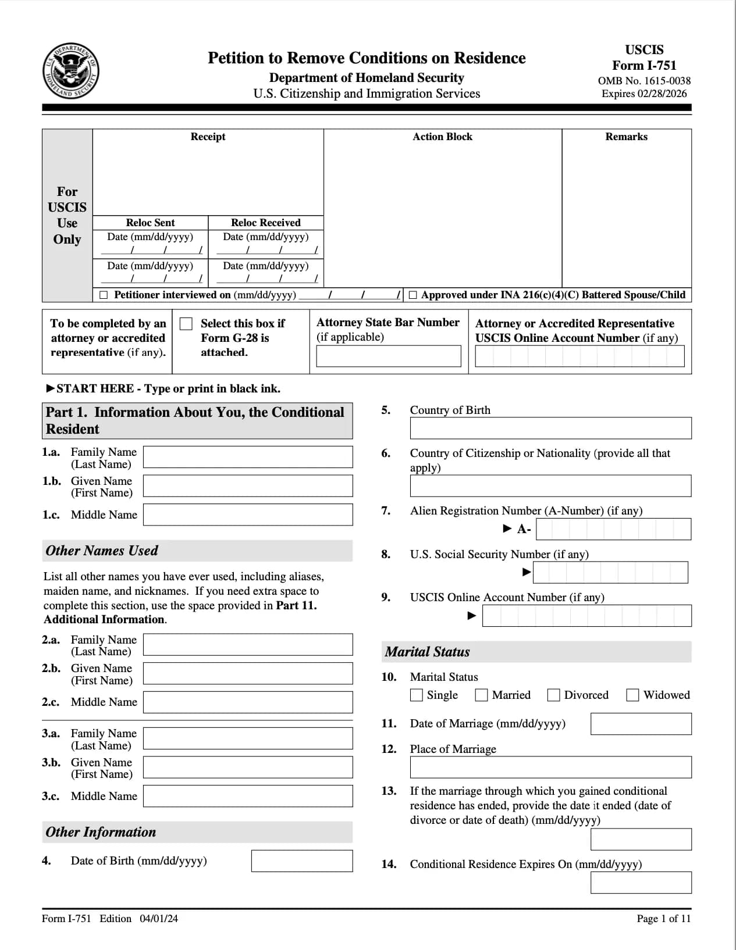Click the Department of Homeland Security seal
tap(70, 70)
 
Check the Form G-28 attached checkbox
tap(186, 324)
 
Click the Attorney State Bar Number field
tap(389, 356)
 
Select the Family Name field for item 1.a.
tap(248, 457)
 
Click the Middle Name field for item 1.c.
tap(248, 515)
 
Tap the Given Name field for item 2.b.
tap(248, 673)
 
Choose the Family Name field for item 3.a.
tap(248, 738)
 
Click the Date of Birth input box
tap(301, 861)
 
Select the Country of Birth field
tap(550, 428)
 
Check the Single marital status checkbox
tap(417, 695)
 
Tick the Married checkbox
tap(481, 695)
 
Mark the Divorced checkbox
tap(554, 695)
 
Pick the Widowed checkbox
tap(632, 695)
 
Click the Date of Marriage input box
tap(641, 724)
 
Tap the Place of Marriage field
tap(550, 767)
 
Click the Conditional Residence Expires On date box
tap(641, 882)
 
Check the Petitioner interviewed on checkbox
tap(104, 295)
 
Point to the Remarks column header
tap(626, 137)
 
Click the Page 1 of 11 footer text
tap(663, 919)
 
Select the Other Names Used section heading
tap(102, 551)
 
